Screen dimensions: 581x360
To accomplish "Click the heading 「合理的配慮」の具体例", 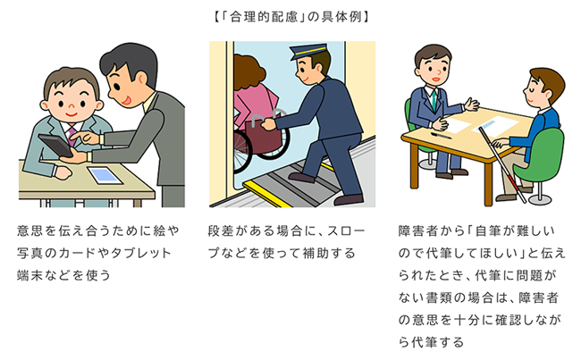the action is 290,17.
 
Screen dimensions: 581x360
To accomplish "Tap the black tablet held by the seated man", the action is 55,146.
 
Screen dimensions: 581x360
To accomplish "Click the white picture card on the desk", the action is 105,176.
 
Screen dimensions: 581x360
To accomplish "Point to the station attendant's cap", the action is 307,51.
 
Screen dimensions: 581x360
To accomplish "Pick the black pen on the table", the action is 441,136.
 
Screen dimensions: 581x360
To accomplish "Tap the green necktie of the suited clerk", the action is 434,99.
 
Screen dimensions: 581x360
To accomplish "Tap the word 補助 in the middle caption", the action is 316,254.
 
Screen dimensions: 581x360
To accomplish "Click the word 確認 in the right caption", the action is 509,320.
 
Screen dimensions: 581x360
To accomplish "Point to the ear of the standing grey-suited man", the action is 141,79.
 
